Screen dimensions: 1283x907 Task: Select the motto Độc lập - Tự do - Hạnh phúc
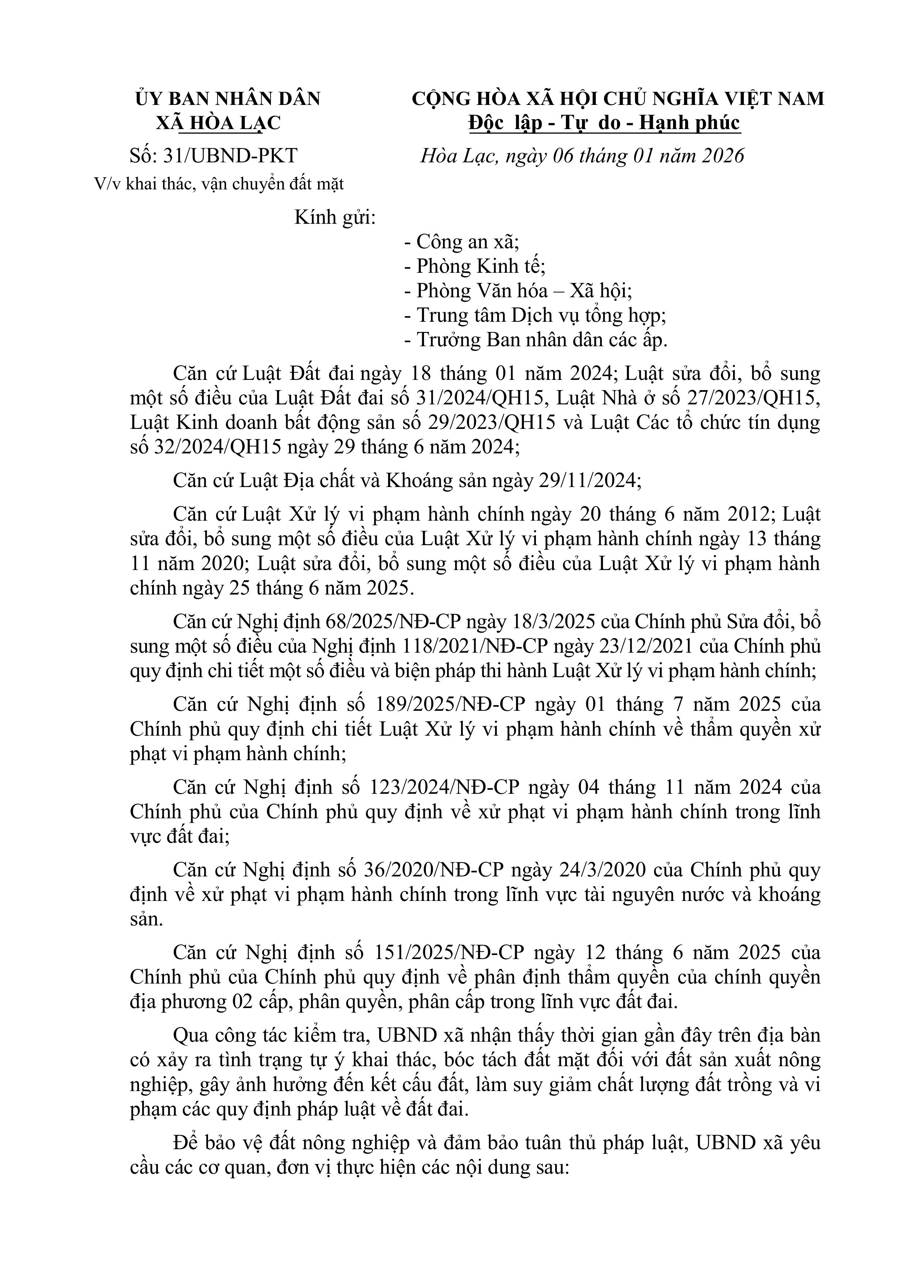605,123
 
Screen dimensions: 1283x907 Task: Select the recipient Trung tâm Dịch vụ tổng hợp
535,315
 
